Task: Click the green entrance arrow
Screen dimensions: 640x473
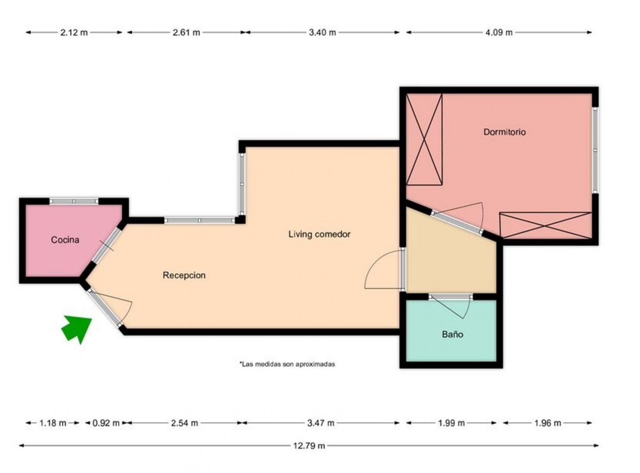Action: coord(77,328)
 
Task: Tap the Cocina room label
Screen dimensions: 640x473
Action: coord(65,240)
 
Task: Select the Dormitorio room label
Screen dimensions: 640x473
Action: coord(504,132)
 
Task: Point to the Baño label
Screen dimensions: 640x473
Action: coord(453,335)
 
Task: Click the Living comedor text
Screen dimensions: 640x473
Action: coord(319,234)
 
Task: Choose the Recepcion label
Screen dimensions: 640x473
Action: coord(184,275)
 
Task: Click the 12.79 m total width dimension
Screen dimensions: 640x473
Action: coord(309,446)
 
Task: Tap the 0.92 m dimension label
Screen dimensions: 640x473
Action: coord(106,424)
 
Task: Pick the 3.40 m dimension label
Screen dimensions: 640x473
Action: coord(322,32)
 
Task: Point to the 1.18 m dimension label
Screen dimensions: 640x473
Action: coord(53,424)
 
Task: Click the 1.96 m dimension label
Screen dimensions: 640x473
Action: coord(548,424)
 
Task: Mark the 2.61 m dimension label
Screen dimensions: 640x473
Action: coord(187,32)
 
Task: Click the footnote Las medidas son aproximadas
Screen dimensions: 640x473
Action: coord(287,364)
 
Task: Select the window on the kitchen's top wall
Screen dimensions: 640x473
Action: coord(74,201)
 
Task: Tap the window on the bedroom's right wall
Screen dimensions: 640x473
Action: coord(595,150)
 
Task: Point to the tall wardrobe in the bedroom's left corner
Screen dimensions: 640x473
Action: coord(424,139)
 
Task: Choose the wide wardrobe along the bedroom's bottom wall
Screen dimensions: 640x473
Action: coord(546,226)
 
